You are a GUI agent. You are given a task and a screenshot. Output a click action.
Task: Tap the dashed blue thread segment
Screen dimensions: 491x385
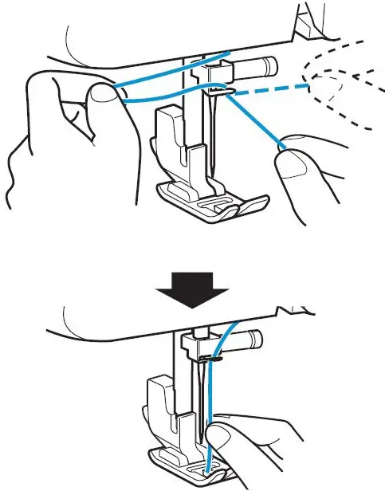[276, 89]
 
